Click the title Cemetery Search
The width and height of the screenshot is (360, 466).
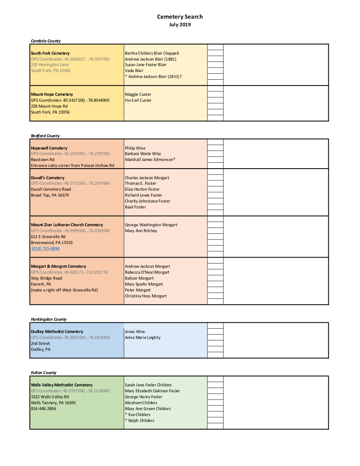pos(180,17)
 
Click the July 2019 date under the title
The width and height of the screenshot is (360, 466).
pos(180,25)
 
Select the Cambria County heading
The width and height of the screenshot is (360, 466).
pos(46,41)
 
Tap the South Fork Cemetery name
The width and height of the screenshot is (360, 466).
pos(50,53)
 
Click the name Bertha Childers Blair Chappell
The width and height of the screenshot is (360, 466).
pos(152,53)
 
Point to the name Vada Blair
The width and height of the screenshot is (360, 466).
pos(134,71)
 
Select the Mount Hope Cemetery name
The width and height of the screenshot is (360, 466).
pos(52,94)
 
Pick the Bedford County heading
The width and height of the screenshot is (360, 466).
pos(45,136)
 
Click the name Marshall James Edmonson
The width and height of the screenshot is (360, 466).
pos(150,160)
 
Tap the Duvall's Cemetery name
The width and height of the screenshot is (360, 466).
pos(48,178)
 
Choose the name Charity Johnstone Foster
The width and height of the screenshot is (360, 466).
pos(147,201)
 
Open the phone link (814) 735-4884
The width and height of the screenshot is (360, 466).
pos(45,249)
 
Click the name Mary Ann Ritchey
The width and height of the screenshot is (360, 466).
pos(141,231)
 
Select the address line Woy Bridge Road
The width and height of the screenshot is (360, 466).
pos(46,278)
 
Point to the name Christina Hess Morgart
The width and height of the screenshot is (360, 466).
pos(146,296)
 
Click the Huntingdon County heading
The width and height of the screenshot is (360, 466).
pos(49,319)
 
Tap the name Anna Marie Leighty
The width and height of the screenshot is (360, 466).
pos(142,338)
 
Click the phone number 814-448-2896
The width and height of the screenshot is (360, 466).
pos(43,409)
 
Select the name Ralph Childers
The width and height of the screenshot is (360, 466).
pos(141,421)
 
